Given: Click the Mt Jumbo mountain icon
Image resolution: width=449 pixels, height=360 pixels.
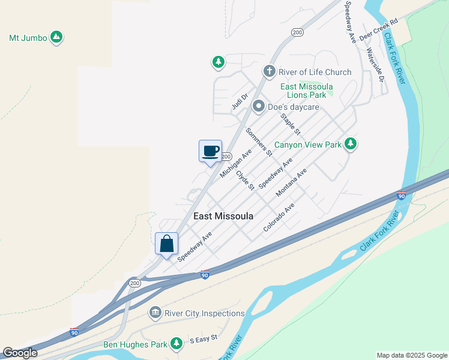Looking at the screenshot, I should point(56,38).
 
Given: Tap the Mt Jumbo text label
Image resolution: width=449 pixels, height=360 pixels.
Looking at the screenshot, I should point(28,38).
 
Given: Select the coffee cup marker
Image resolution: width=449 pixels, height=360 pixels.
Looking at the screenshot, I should point(210,151).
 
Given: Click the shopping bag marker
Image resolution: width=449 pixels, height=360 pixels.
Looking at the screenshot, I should point(166,244).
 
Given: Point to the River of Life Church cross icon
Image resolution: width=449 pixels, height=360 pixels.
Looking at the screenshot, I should point(270,72).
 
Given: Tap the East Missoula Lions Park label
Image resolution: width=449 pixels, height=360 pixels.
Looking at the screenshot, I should point(307,91).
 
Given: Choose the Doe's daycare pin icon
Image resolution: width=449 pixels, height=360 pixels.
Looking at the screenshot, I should point(259,107).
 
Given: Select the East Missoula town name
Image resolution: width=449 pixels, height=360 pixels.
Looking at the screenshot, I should point(223,216).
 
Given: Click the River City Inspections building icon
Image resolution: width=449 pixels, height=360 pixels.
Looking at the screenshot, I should point(155,313).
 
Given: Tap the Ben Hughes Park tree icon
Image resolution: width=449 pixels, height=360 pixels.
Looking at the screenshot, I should point(176,344).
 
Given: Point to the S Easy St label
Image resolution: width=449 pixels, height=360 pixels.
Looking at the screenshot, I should point(203,340).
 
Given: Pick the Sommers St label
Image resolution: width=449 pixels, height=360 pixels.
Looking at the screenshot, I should point(259,142).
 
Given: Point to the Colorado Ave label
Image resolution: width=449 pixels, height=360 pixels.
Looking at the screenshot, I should point(279,217).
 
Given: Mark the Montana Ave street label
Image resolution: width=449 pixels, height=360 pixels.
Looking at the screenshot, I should point(291,183).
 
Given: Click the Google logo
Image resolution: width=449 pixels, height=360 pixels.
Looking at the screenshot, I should point(20,353).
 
